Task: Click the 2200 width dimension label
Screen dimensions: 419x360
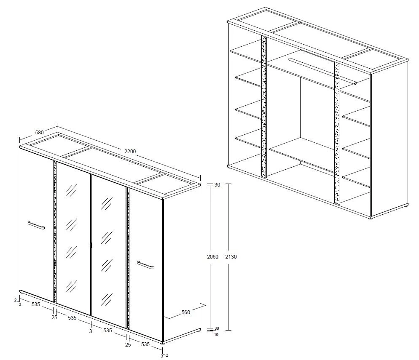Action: click(130, 151)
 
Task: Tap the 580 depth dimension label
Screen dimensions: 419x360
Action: click(39, 132)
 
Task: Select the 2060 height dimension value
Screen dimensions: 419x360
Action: click(213, 257)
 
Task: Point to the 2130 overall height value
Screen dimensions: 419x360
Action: click(231, 257)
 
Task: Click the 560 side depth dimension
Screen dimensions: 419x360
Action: click(186, 312)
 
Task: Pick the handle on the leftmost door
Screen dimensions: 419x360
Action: click(36, 225)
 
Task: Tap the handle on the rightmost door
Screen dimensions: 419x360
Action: click(145, 265)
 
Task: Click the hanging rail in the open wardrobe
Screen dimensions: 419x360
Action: click(322, 71)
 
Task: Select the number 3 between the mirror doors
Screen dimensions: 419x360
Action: click(91, 331)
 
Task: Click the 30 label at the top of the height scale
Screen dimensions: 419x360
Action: click(217, 185)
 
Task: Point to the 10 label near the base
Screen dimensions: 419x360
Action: click(216, 335)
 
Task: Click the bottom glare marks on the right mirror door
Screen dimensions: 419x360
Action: click(107, 300)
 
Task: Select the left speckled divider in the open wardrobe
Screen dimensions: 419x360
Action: click(264, 106)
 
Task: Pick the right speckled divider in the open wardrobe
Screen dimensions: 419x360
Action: click(337, 133)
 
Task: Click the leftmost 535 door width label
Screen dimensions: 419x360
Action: click(36, 304)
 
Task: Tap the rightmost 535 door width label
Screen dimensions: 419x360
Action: click(145, 344)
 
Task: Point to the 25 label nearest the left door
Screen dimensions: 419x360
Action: click(54, 317)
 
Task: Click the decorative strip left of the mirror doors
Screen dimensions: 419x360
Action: click(55, 232)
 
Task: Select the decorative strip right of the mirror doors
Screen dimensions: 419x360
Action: click(128, 258)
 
